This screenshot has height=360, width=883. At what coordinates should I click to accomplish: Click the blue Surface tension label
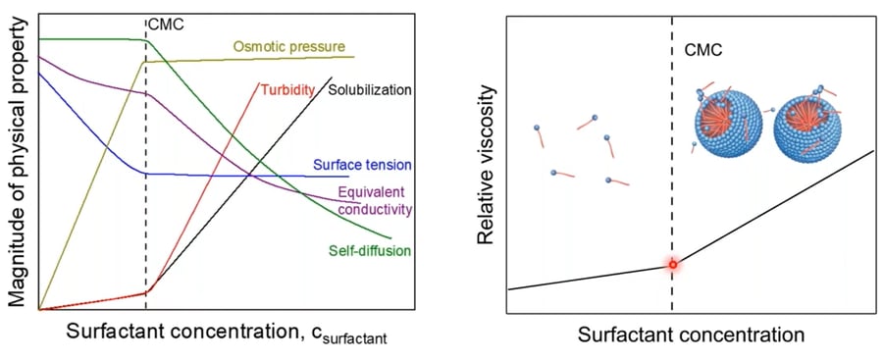362,164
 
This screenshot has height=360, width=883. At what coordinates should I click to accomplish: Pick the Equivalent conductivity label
373,200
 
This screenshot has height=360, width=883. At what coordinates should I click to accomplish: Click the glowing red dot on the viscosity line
672,265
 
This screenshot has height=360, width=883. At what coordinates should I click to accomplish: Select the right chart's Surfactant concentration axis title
691,334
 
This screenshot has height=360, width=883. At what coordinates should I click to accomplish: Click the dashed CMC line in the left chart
146,226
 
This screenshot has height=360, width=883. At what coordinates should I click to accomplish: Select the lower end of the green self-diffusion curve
390,237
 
